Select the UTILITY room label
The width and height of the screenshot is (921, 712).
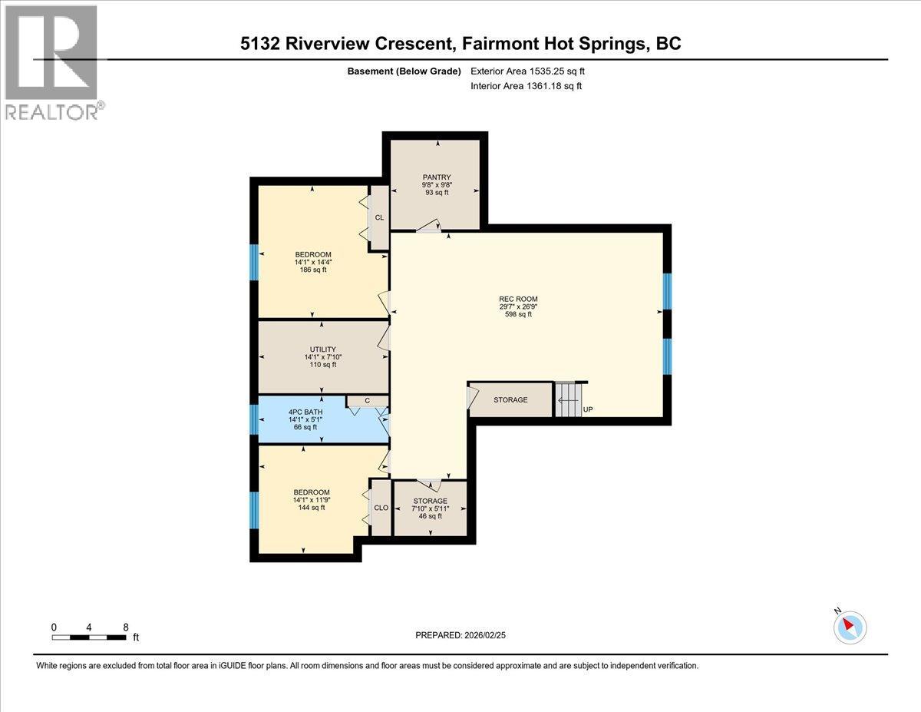[x=322, y=349]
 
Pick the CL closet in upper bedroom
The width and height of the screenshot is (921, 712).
[x=379, y=217]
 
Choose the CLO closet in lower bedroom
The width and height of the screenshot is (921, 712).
[x=381, y=507]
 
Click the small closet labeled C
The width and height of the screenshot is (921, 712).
[x=367, y=400]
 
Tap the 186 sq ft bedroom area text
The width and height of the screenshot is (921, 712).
[x=312, y=270]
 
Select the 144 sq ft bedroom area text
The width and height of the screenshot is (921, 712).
[x=312, y=507]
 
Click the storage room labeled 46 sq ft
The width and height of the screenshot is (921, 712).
[x=430, y=508]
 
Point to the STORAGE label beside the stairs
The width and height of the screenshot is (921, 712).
[x=510, y=400]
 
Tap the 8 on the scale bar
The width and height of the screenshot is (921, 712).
[x=126, y=627]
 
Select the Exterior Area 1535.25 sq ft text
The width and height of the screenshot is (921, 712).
[x=532, y=71]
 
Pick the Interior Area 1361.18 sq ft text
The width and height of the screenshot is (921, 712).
[x=526, y=86]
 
